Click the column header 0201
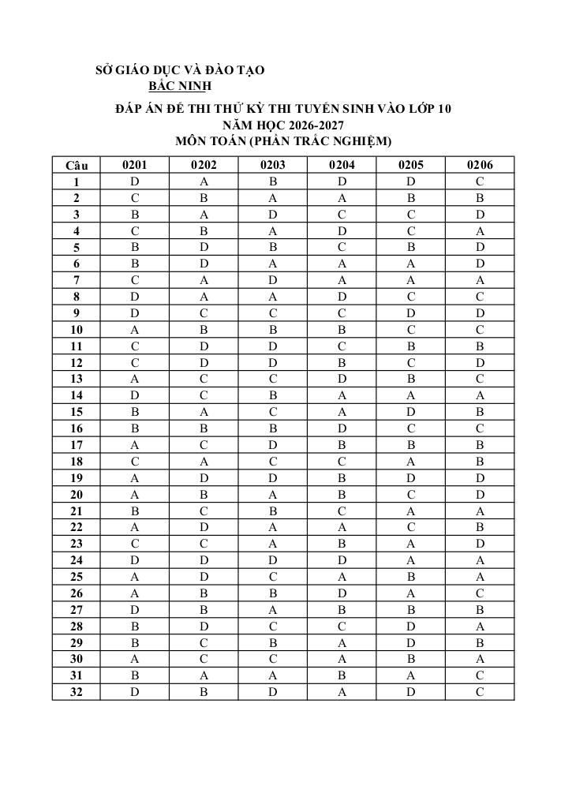[x=134, y=165]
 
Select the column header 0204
[x=342, y=165]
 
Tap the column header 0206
[x=480, y=165]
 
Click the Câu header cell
[x=77, y=166]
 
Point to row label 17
[x=77, y=445]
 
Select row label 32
[x=77, y=693]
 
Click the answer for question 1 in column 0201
[x=134, y=181]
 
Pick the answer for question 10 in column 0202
[x=204, y=330]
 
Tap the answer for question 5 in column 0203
[x=273, y=247]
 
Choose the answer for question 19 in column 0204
[x=342, y=478]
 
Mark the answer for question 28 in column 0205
[x=411, y=627]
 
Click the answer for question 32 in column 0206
[x=480, y=693]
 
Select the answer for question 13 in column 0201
[x=134, y=380]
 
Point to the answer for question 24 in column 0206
[x=480, y=561]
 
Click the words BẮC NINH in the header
[x=181, y=86]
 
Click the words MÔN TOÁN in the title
[x=209, y=141]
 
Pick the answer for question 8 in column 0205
[x=411, y=297]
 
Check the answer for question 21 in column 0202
[x=204, y=511]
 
